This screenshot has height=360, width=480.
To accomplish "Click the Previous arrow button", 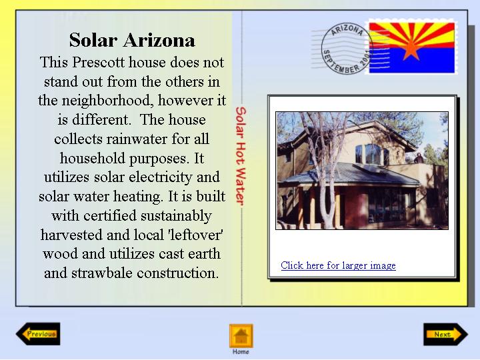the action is pyautogui.click(x=38, y=334).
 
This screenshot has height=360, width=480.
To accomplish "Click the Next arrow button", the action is pyautogui.click(x=446, y=334).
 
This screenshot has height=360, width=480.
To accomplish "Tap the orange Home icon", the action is pyautogui.click(x=241, y=336).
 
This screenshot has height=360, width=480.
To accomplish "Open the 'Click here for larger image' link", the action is pyautogui.click(x=338, y=265).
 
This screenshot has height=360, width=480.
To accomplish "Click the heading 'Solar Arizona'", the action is pyautogui.click(x=132, y=40).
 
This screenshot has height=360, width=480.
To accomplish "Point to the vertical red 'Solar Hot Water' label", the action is pyautogui.click(x=241, y=156).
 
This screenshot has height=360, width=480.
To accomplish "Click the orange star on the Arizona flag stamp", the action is pyautogui.click(x=411, y=50).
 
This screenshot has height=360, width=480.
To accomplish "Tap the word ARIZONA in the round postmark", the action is pyautogui.click(x=347, y=30).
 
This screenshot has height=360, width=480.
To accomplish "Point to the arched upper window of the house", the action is pyautogui.click(x=373, y=154).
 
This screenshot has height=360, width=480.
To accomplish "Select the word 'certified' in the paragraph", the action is pyautogui.click(x=109, y=215).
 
